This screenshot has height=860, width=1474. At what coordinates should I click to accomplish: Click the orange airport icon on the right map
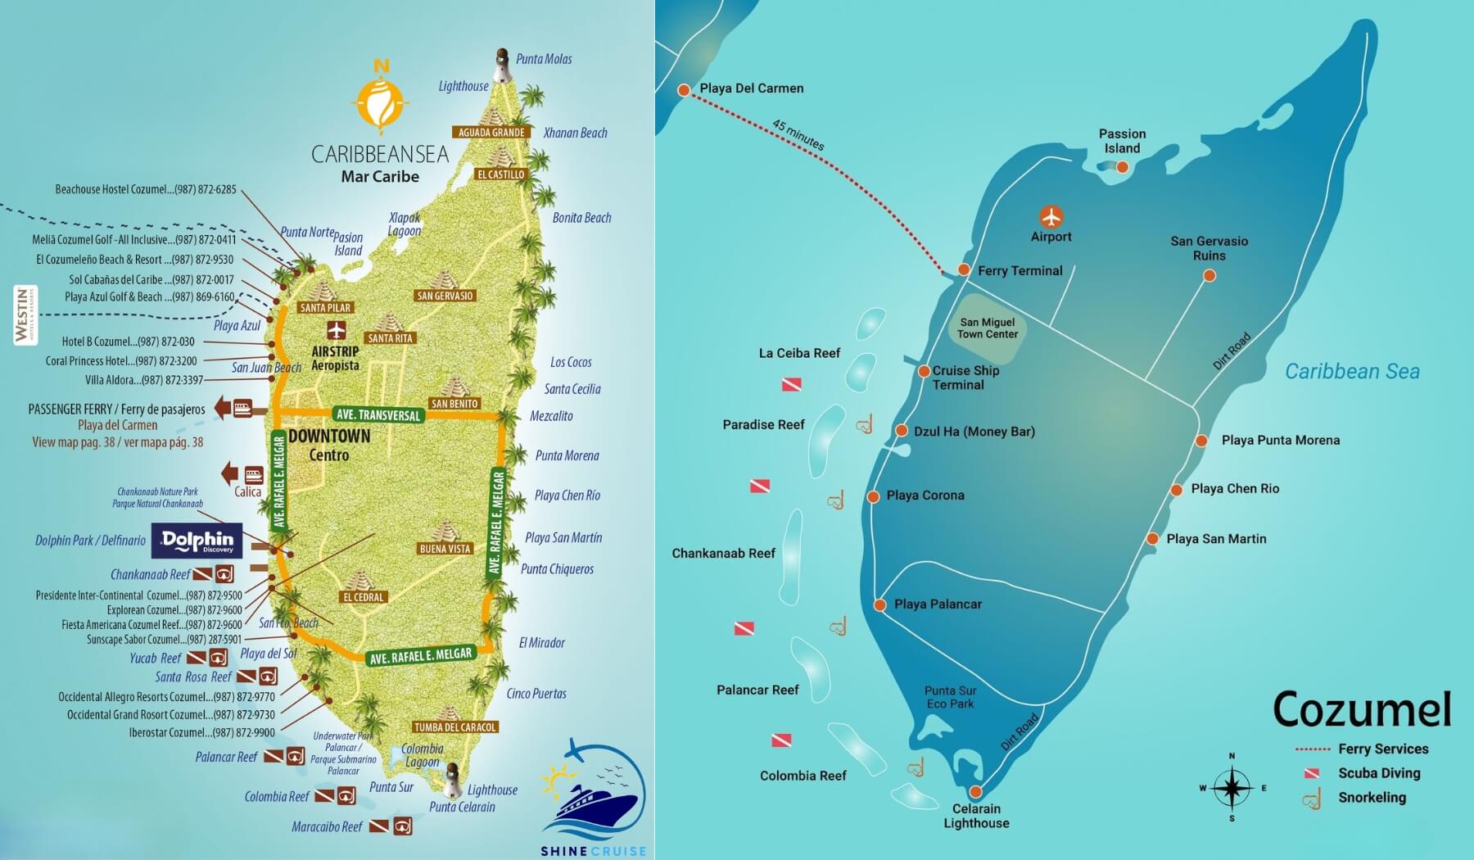(1051, 217)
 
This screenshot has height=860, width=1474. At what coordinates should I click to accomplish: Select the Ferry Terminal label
(1020, 270)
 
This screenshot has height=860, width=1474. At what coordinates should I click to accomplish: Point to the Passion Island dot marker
(1123, 167)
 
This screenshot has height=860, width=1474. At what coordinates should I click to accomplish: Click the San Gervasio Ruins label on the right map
(1209, 248)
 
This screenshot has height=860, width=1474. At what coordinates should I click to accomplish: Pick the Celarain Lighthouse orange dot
(975, 792)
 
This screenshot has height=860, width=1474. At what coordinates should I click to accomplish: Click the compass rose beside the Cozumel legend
(1232, 788)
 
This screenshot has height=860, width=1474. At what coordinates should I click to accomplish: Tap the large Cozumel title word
(1362, 709)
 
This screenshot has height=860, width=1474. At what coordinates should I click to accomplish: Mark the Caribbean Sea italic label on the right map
(1351, 371)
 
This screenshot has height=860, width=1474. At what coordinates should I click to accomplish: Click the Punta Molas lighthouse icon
(501, 66)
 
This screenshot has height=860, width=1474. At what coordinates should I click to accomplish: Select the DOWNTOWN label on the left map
(329, 436)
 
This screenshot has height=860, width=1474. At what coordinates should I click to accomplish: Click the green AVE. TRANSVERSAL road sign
(378, 414)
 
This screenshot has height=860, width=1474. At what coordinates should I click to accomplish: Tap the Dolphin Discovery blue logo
(197, 541)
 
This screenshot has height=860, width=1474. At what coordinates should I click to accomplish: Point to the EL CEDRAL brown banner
(364, 597)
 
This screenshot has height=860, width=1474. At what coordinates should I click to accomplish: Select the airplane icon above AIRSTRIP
(336, 330)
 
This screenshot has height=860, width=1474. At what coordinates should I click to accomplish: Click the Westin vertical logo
(25, 315)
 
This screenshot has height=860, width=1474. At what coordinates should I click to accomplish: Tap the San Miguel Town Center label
(987, 328)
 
